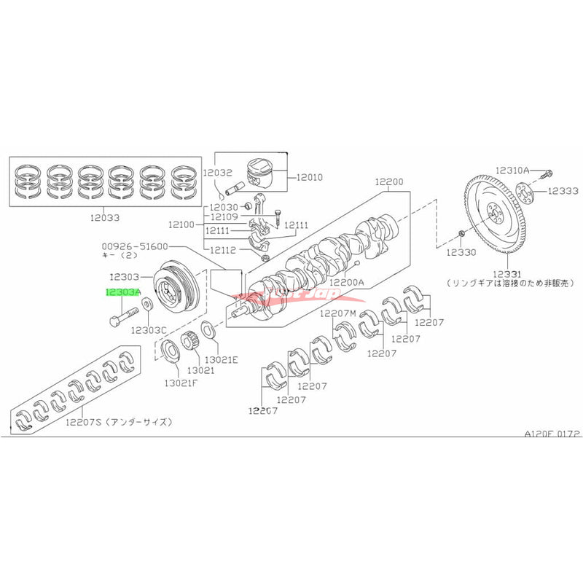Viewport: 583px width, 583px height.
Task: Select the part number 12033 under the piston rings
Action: click(x=106, y=217)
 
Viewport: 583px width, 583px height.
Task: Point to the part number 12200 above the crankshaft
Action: click(x=389, y=181)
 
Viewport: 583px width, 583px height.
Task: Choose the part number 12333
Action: click(x=563, y=191)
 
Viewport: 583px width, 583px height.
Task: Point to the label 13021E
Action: click(x=222, y=360)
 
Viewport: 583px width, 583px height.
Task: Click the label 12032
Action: click(x=217, y=173)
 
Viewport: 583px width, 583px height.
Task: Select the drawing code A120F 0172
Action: click(x=550, y=432)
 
